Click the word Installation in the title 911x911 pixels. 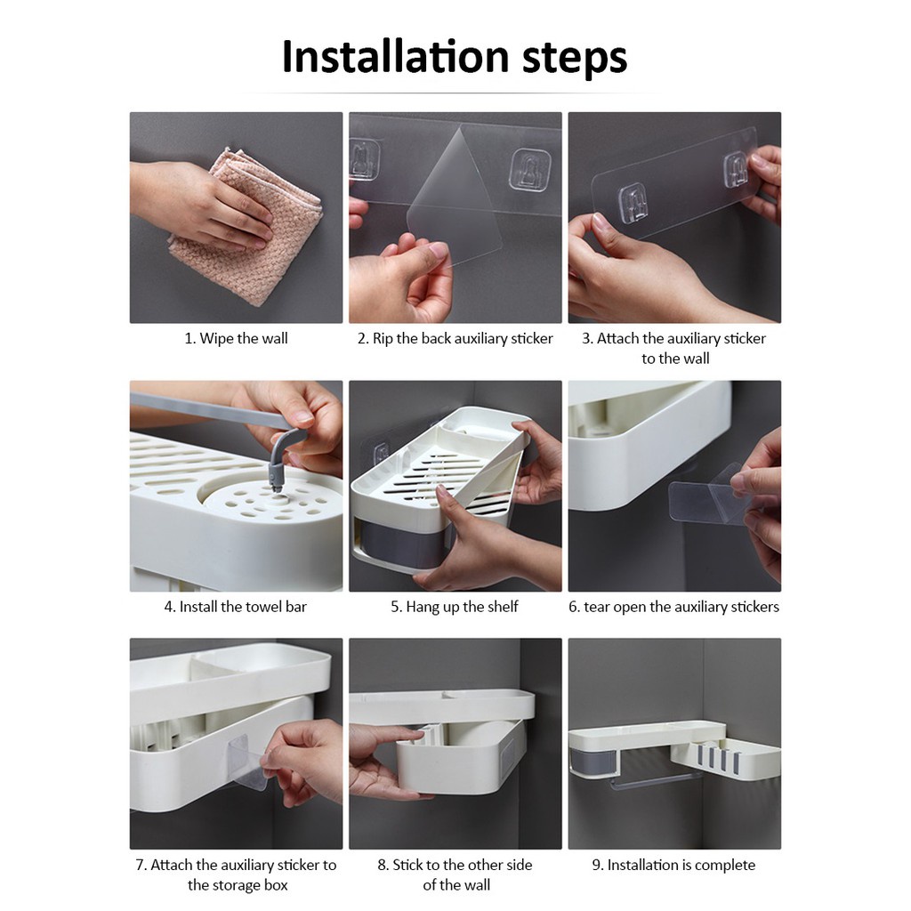(396, 56)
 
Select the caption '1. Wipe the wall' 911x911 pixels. (236, 338)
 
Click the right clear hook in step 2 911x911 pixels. (529, 170)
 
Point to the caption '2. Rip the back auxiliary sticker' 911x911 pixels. (455, 338)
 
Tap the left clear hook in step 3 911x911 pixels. (633, 203)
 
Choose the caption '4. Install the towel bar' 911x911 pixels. (235, 607)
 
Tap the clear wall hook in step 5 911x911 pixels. (381, 452)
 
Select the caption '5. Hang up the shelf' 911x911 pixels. (455, 607)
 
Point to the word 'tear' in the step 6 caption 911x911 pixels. (596, 607)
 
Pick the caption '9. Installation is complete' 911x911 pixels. (674, 865)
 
